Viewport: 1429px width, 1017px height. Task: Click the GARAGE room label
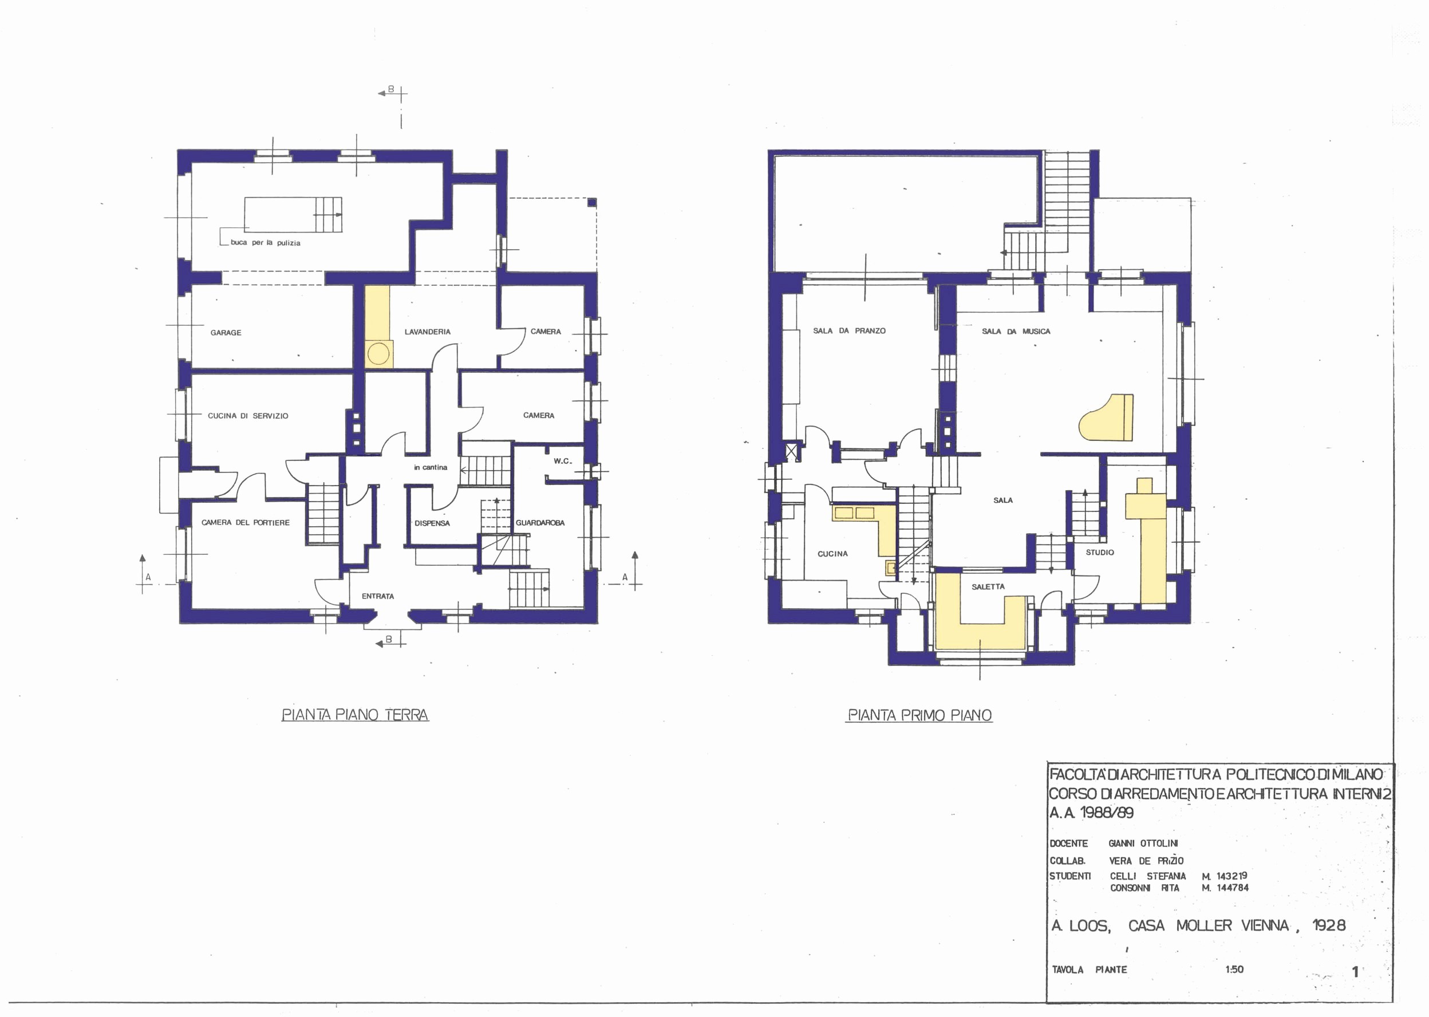point(226,333)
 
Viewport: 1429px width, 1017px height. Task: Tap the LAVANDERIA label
point(427,332)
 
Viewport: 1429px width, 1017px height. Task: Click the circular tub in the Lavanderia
point(378,354)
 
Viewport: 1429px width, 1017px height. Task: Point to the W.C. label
point(562,461)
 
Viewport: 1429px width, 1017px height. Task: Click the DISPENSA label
point(432,523)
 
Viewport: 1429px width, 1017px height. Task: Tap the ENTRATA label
point(377,596)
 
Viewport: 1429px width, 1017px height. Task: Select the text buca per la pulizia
point(266,243)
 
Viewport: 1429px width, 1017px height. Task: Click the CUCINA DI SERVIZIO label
point(248,416)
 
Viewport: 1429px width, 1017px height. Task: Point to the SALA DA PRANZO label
point(849,330)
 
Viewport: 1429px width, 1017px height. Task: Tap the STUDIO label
point(1100,553)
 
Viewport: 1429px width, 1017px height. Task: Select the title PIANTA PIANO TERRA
point(355,715)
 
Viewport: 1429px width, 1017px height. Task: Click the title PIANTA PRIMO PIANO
point(919,715)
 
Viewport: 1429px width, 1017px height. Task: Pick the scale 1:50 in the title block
point(1234,969)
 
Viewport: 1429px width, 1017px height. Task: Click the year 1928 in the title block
point(1328,925)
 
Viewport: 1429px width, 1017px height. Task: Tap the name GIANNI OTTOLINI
point(1143,843)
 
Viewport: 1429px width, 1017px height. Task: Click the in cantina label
point(430,467)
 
